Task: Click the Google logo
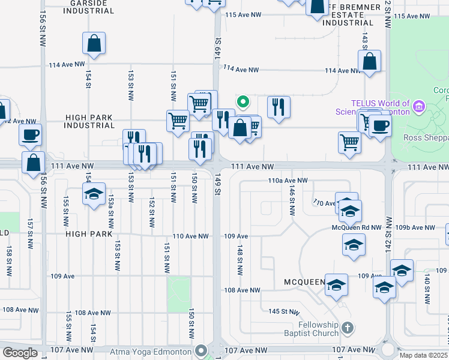coord(20,353)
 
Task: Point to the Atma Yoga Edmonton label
coord(150,350)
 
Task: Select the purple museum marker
coord(420,108)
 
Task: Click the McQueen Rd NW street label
coord(357,228)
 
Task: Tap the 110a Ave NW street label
coord(288,180)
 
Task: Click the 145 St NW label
coord(284,311)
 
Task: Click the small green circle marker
coord(243,101)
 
